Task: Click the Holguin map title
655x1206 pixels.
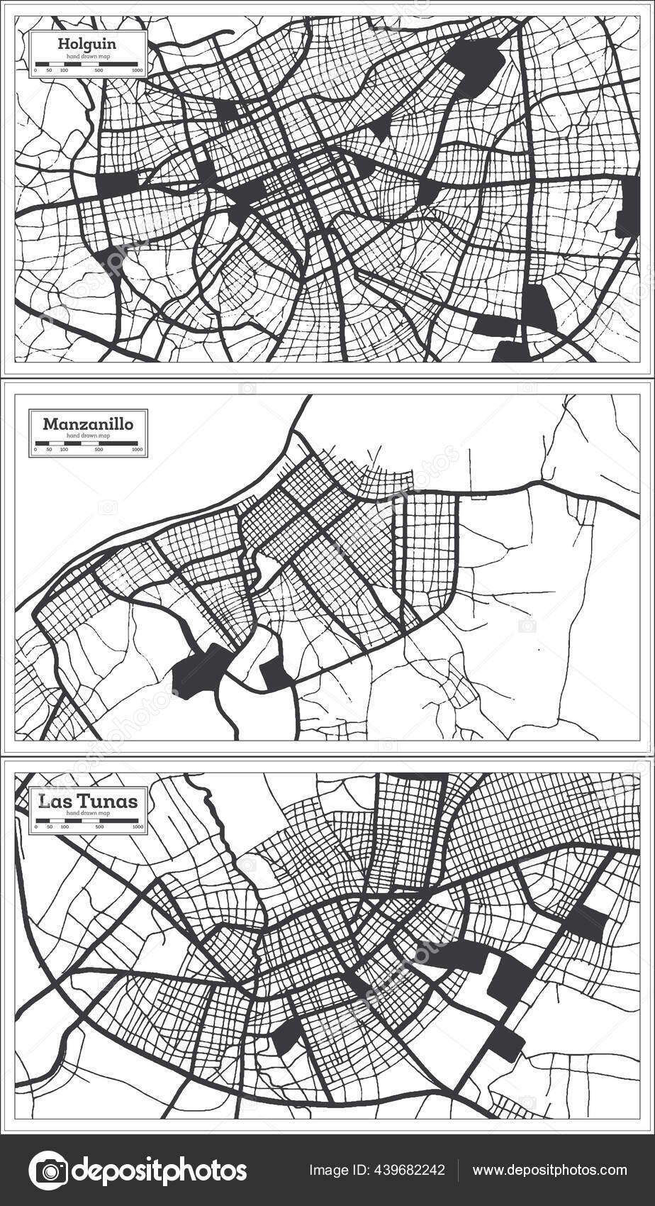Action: pos(87,44)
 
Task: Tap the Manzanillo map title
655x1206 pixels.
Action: pos(87,424)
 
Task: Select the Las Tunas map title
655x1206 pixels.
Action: pos(88,802)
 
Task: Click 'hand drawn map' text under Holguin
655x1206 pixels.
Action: pos(87,55)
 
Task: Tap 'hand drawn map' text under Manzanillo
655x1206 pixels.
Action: pos(87,434)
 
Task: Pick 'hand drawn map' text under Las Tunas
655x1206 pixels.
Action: pos(87,812)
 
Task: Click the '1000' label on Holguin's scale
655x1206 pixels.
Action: pos(137,71)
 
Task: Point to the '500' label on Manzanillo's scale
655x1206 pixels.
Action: pos(99,450)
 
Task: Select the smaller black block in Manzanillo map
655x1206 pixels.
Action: pos(275,673)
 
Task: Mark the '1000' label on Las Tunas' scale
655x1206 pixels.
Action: pos(137,828)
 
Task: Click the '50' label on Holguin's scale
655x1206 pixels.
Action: pos(49,71)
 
